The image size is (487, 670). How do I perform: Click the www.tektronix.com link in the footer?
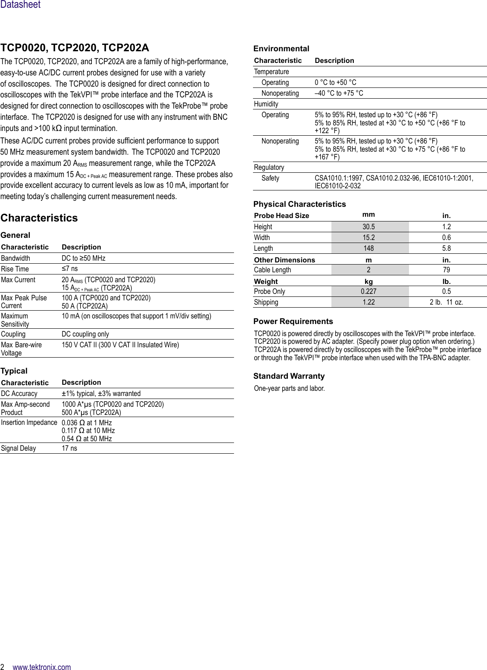(42, 667)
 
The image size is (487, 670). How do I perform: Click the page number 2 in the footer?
(3, 667)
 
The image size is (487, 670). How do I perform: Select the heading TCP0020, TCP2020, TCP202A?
(75, 48)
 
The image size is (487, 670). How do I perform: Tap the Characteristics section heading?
(39, 218)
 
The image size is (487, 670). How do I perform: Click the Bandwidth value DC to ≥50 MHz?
(83, 258)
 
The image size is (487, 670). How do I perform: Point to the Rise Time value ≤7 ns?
(70, 269)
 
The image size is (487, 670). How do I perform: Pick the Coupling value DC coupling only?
(85, 334)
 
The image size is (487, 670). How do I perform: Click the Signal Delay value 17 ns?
(69, 448)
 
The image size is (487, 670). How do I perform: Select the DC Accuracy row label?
(19, 393)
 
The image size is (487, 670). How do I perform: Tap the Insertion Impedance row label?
(29, 422)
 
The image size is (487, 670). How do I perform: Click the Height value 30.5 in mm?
(368, 227)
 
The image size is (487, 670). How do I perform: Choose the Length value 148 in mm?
(368, 248)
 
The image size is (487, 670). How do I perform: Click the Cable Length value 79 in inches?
(446, 270)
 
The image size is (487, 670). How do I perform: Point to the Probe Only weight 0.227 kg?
(368, 291)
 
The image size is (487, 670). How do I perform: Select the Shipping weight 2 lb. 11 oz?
(446, 302)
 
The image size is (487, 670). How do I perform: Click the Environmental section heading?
(281, 49)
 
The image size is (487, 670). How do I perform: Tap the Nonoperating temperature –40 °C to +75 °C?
(339, 93)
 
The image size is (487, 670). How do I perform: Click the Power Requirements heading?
(293, 321)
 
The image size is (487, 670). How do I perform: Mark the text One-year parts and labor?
(289, 388)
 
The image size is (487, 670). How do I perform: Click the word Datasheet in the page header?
(20, 5)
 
